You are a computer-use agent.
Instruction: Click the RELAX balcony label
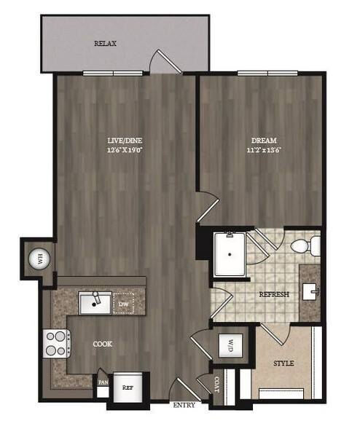[x=106, y=44]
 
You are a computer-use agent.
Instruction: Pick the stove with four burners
[x=57, y=343]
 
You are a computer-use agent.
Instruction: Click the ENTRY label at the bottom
[x=184, y=405]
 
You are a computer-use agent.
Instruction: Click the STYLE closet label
[x=283, y=363]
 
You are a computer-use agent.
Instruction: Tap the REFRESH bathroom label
[x=274, y=294]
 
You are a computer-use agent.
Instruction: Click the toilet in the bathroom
[x=308, y=246]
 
